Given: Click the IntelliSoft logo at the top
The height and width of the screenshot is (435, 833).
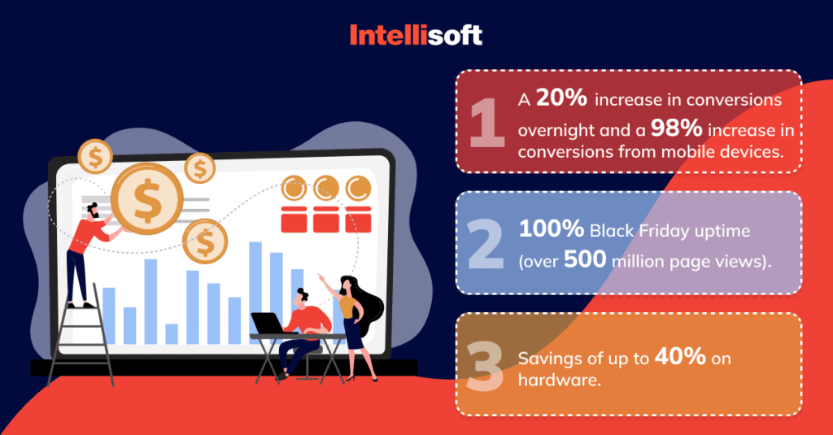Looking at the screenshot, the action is (x=416, y=35).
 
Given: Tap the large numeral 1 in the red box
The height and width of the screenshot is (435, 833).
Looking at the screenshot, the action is (x=486, y=123).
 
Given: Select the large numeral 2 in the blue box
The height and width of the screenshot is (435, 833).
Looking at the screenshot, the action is (x=486, y=244).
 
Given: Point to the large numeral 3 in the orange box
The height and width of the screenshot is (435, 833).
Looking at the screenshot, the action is (x=485, y=366).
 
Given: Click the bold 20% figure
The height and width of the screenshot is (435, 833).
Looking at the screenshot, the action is (x=561, y=98).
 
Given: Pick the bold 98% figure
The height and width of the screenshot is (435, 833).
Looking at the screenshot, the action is (x=677, y=128).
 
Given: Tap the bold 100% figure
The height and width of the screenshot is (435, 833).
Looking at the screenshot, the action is (x=552, y=229).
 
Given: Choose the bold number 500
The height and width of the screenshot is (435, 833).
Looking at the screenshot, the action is (x=585, y=259).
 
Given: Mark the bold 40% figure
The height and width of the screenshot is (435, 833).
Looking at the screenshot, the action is (x=680, y=356).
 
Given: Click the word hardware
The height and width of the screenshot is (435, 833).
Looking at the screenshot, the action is (x=560, y=380).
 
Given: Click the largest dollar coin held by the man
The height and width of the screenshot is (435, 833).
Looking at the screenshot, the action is (x=147, y=198).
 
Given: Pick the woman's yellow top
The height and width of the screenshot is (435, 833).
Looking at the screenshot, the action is (x=348, y=307).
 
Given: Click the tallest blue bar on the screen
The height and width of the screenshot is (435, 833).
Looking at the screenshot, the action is (x=255, y=293).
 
